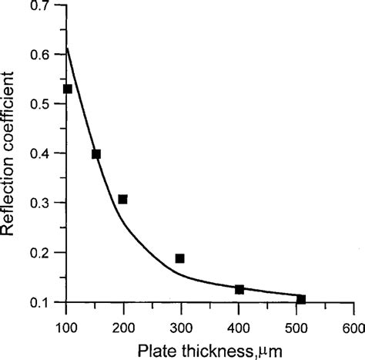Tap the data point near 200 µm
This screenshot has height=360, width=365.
122,199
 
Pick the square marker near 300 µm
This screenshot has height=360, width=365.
179,258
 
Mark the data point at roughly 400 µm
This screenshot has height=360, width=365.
239,289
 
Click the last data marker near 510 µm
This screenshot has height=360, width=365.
301,299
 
